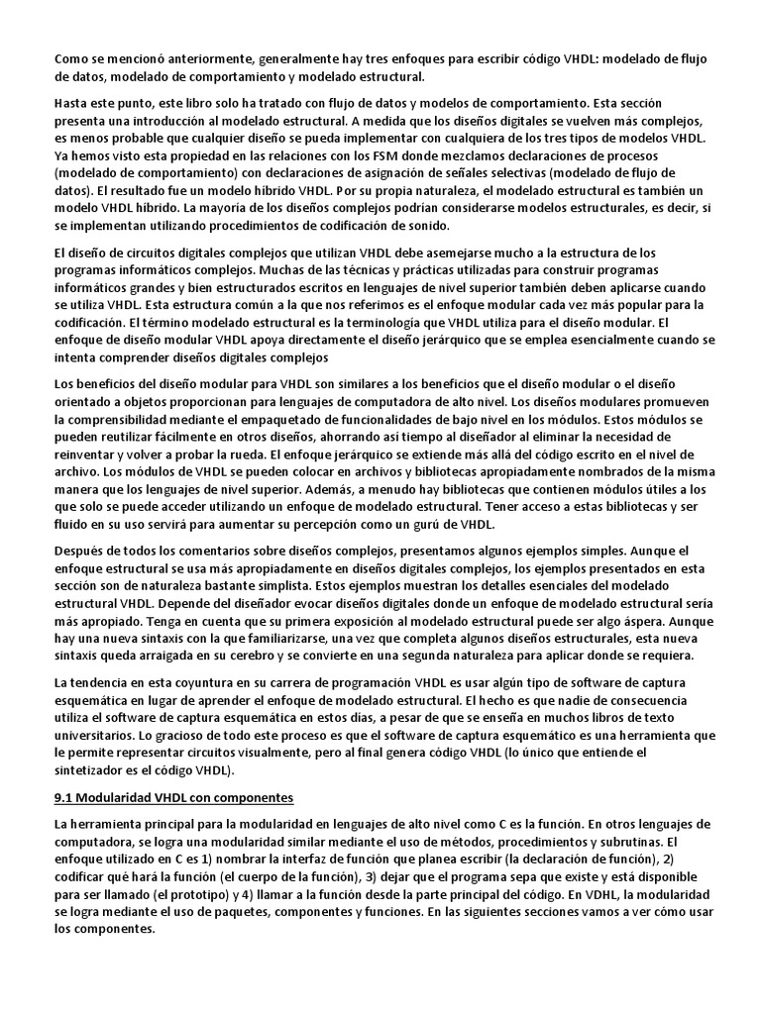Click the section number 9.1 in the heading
click(65, 798)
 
